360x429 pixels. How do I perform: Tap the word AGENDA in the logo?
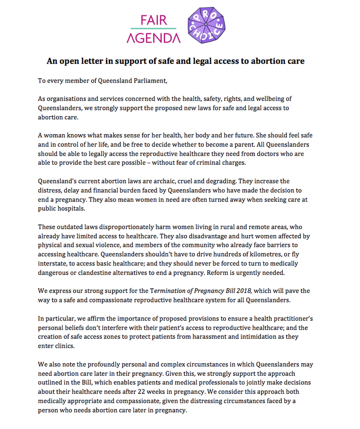(x=153, y=37)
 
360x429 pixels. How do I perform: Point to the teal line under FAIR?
(x=153, y=28)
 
